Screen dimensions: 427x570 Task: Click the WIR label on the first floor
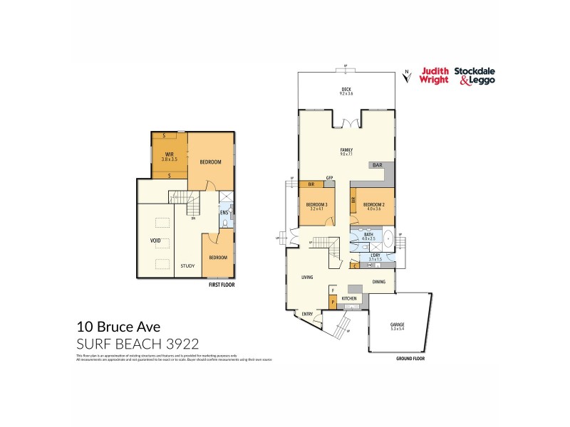170,154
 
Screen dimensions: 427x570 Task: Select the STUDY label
187,266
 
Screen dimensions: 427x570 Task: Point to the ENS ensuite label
223,211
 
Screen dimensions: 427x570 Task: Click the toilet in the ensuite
224,223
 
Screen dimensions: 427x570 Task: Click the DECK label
347,89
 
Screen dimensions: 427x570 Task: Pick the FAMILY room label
347,149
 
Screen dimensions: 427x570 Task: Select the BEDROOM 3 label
316,205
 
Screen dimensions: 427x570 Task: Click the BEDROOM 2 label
373,204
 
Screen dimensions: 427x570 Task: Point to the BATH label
368,234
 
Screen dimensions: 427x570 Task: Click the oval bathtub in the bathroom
388,238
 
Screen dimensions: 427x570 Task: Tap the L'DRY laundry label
375,256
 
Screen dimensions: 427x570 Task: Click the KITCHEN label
348,297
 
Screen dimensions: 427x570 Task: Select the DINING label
379,282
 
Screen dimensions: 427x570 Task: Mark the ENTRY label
307,314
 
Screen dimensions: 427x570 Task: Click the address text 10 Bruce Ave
118,327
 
